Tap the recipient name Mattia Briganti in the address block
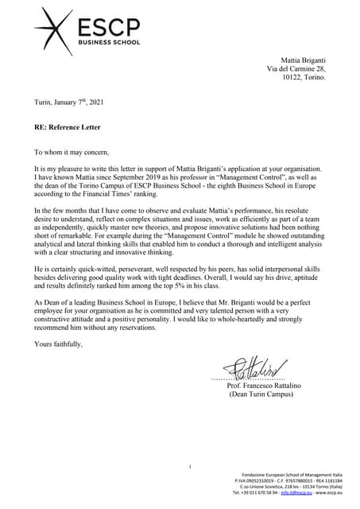304,60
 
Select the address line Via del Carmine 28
296,69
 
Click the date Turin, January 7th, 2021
68,103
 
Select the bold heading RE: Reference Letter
72,126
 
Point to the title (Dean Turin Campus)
265,394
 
